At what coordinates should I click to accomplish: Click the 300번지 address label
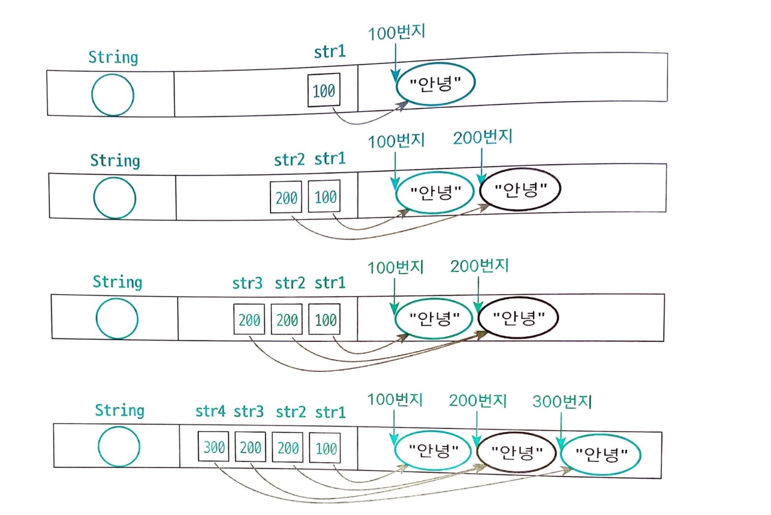(562, 401)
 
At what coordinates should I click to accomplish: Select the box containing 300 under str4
(213, 446)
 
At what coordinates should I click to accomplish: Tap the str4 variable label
(210, 411)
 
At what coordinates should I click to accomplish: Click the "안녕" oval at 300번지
(601, 454)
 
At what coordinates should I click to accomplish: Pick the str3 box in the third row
(249, 319)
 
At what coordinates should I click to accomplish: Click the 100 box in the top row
(324, 90)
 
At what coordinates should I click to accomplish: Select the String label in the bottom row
(119, 410)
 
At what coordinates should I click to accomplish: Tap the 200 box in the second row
(286, 197)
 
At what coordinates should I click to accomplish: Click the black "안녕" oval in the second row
(520, 189)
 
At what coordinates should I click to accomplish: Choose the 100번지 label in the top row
(396, 33)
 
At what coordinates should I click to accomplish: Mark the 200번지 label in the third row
(479, 266)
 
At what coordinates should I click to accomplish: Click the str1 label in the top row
(329, 52)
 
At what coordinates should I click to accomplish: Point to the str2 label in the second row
(289, 160)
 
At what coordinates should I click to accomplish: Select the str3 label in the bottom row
(249, 411)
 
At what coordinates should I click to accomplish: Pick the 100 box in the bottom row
(325, 448)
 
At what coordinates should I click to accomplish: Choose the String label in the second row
(115, 161)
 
